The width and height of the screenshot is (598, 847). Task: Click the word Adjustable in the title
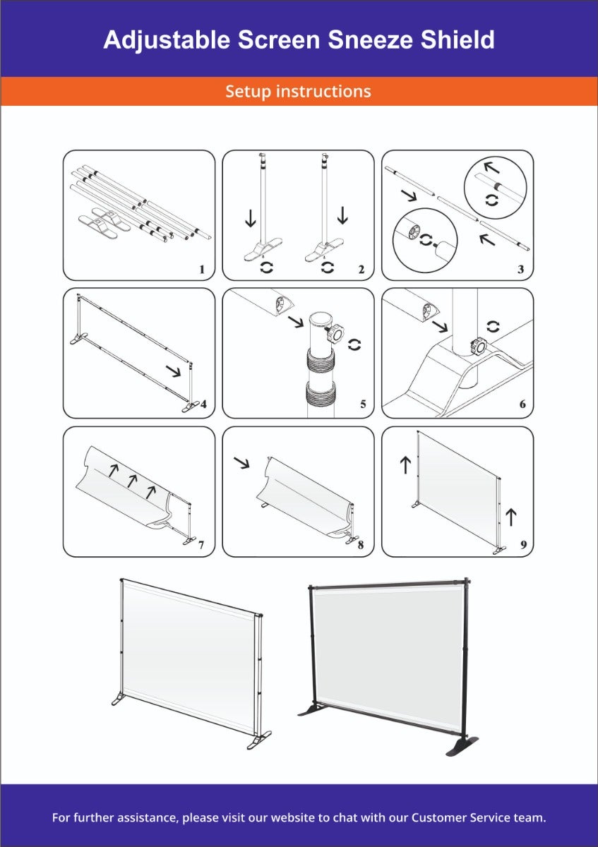coord(167,40)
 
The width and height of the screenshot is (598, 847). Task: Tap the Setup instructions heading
coord(298,91)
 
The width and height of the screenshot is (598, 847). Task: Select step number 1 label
coord(201,269)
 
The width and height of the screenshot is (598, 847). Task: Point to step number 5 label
coord(363,404)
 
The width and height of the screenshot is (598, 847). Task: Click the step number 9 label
coord(522,545)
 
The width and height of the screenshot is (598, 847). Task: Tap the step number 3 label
coord(520,269)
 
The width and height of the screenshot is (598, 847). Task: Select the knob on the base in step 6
coord(479,346)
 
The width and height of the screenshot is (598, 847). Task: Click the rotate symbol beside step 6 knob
coord(494,326)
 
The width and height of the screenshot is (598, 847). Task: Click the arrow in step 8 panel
coord(242,463)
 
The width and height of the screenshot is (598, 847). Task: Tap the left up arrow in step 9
coord(405,464)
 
